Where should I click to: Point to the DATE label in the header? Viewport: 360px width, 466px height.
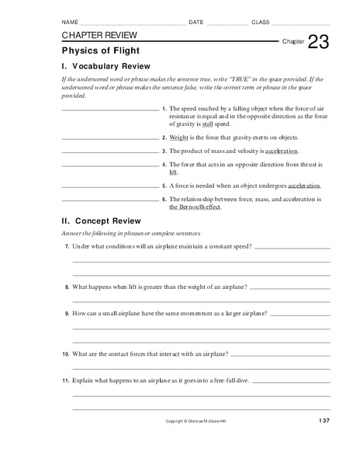click(196, 23)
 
